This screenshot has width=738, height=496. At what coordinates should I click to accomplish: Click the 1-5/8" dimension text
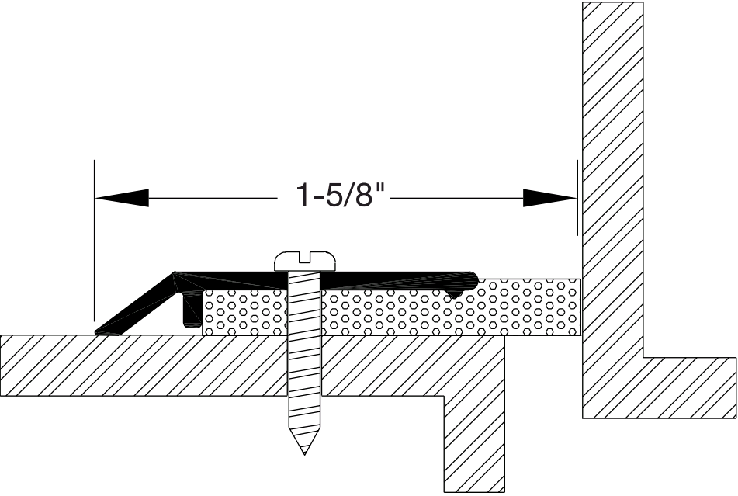coord(340,196)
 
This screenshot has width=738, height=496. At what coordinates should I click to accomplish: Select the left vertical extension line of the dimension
coord(94,233)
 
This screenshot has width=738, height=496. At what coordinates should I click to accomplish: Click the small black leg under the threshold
coord(189,313)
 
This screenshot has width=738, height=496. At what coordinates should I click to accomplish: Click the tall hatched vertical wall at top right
coord(613,155)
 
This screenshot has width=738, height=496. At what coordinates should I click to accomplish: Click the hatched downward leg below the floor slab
coord(473,435)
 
